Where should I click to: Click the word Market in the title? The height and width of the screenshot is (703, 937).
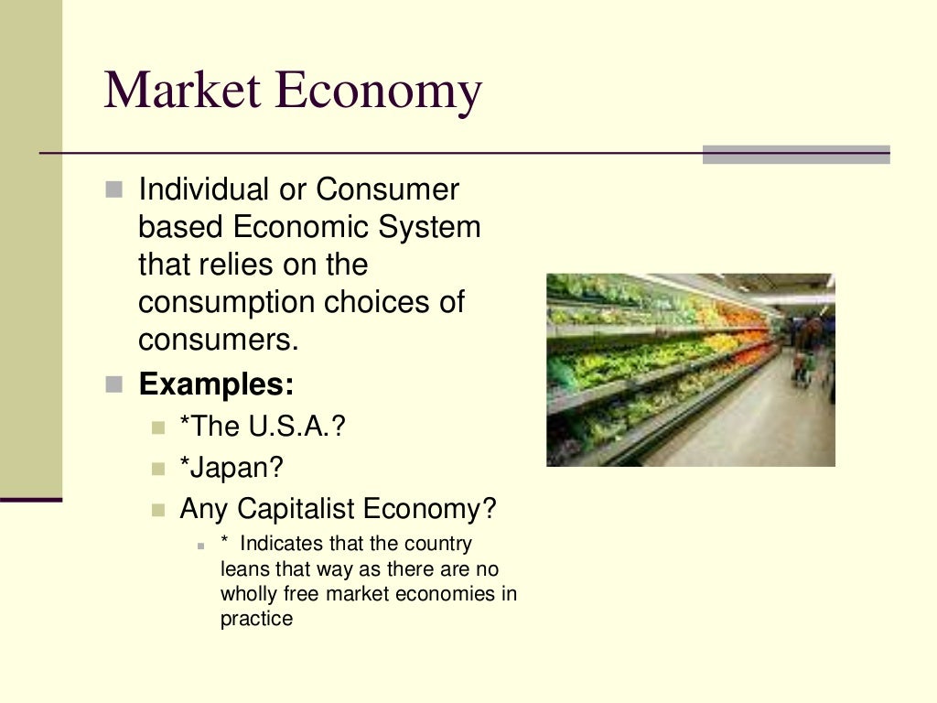tap(184, 92)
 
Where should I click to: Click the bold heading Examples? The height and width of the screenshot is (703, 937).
tap(216, 384)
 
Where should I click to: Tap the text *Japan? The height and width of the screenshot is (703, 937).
tap(232, 468)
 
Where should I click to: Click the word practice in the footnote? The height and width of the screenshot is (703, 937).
tap(256, 619)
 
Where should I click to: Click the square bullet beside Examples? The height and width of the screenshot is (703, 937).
tap(113, 384)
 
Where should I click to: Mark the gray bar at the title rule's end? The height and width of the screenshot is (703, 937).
tap(796, 155)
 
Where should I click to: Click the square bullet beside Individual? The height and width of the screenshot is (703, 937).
tap(113, 190)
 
